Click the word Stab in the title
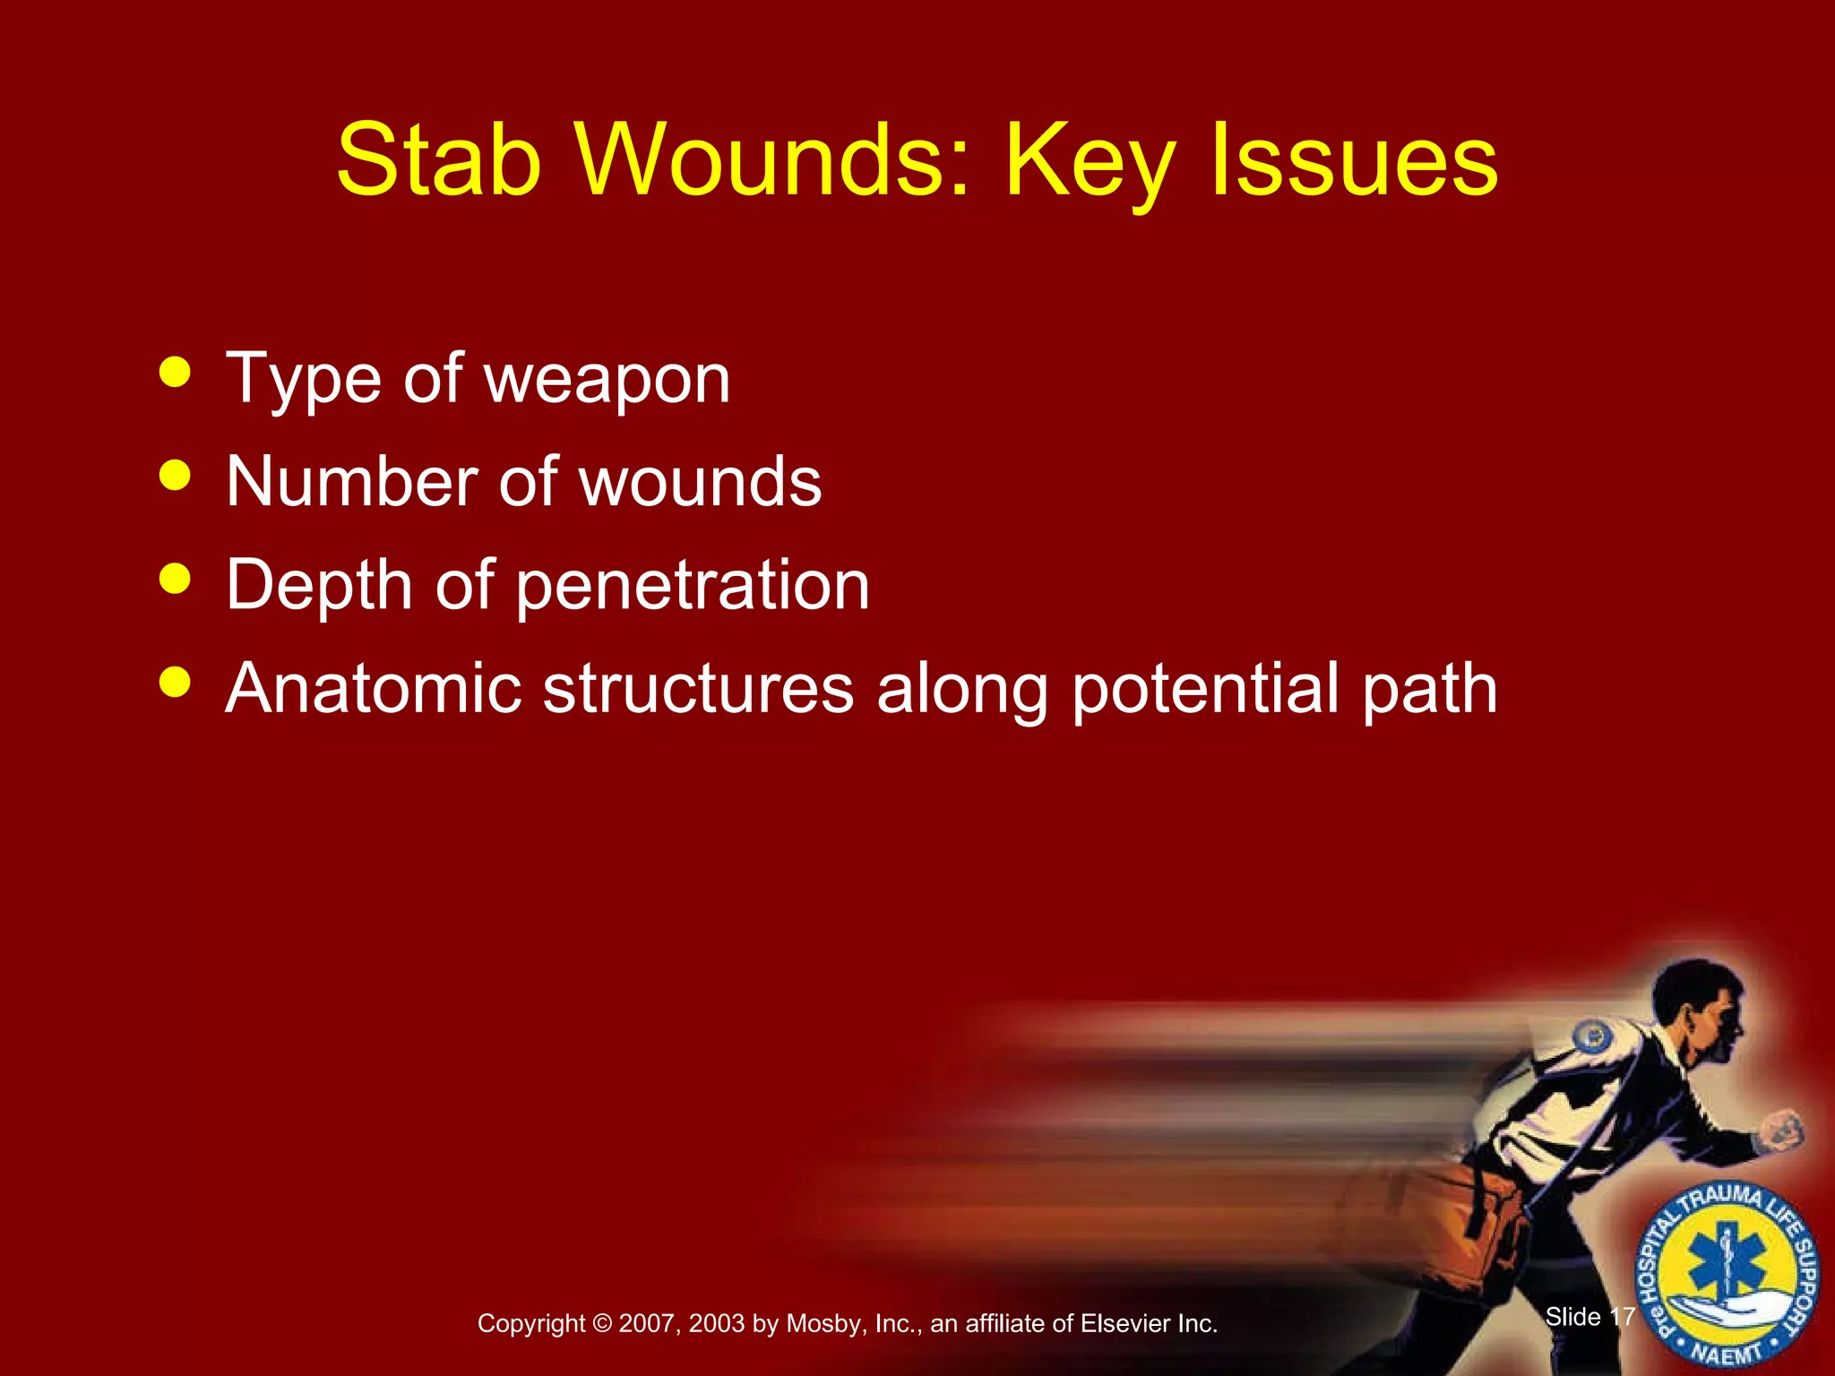439,161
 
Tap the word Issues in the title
1354,161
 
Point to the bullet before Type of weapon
175,372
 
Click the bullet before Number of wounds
175,475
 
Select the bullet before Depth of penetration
175,578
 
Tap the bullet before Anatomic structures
175,682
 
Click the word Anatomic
373,688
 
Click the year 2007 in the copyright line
647,1323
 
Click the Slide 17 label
1590,1316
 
